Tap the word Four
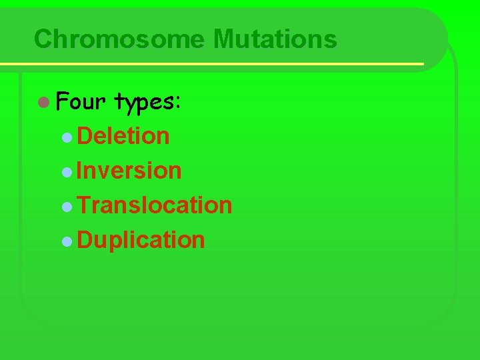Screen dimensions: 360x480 click(x=81, y=102)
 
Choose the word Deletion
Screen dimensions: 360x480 click(x=123, y=136)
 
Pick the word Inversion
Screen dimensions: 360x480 click(x=129, y=171)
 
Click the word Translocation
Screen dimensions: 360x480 click(x=155, y=205)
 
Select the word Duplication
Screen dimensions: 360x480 click(x=141, y=239)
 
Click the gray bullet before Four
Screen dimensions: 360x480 click(x=43, y=103)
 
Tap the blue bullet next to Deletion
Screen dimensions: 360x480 click(x=67, y=137)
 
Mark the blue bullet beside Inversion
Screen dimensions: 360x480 click(x=67, y=172)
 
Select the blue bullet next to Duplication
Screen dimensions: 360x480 click(x=67, y=241)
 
